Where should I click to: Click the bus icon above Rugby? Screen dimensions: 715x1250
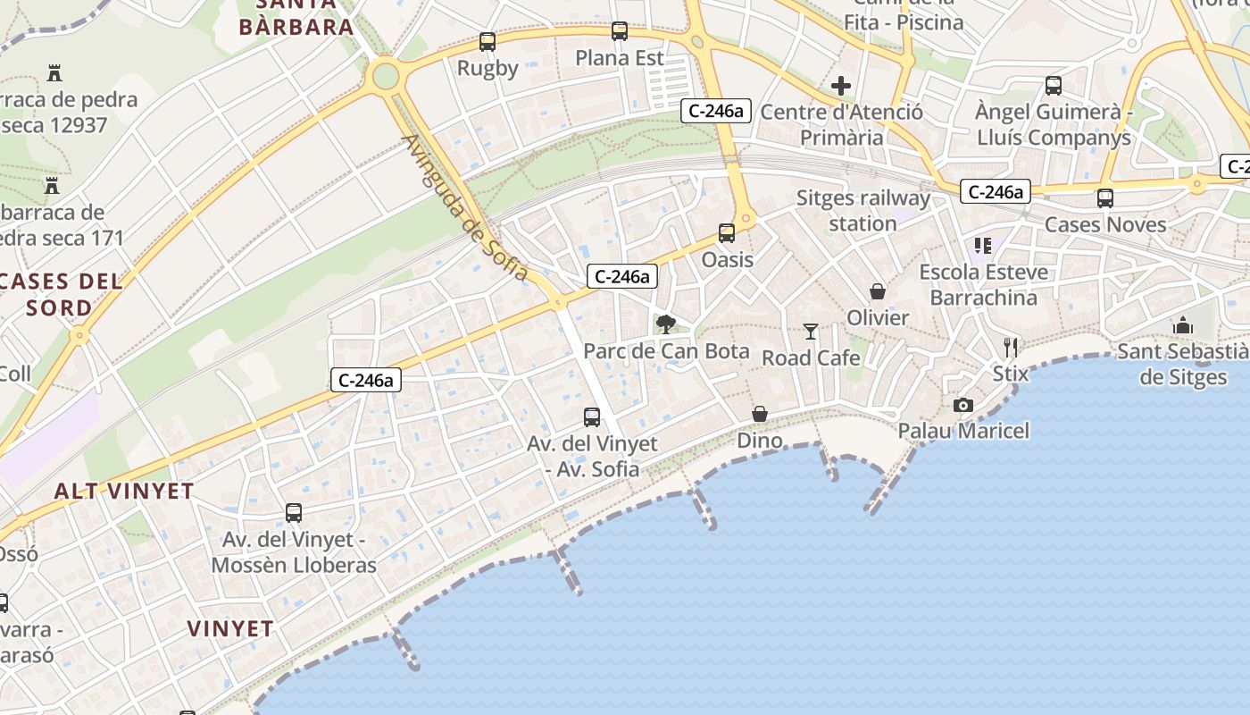[487, 42]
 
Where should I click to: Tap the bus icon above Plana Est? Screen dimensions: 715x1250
[620, 32]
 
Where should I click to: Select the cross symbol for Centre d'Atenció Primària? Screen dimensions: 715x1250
[841, 87]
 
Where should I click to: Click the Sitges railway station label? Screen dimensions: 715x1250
[862, 210]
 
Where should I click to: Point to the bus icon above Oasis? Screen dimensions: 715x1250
[727, 233]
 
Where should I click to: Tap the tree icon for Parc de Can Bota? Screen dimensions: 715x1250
[665, 324]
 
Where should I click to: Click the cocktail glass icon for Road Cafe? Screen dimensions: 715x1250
[810, 332]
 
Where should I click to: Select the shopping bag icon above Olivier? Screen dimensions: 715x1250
[878, 291]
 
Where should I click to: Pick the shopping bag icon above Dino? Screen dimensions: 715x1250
[760, 414]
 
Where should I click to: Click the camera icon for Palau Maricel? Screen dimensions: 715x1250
[962, 405]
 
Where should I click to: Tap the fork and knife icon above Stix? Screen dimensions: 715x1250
[1011, 347]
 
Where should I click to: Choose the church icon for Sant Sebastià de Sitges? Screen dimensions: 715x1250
[1183, 325]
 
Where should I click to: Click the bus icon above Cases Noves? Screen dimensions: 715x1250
[1105, 198]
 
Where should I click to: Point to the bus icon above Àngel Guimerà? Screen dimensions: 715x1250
[1054, 86]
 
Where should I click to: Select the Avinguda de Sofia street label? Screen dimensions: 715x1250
[464, 207]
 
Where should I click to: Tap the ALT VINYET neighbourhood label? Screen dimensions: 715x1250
[124, 491]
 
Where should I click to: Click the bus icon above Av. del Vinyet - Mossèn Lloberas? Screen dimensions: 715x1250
[294, 513]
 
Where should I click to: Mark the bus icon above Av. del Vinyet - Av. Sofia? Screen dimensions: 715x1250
[592, 416]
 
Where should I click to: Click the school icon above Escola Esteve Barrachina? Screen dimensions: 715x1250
[983, 245]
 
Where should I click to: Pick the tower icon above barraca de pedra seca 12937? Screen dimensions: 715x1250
[55, 72]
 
